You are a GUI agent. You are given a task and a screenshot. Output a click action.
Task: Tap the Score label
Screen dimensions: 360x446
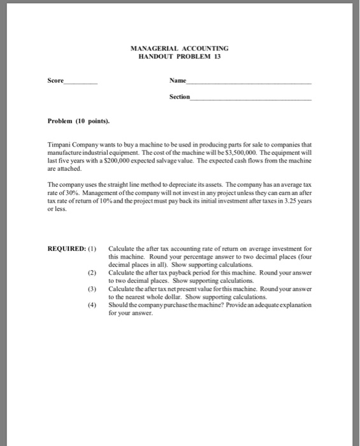pyautogui.click(x=56, y=82)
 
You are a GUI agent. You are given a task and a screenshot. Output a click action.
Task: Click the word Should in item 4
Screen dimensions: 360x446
pyautogui.click(x=119, y=305)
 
